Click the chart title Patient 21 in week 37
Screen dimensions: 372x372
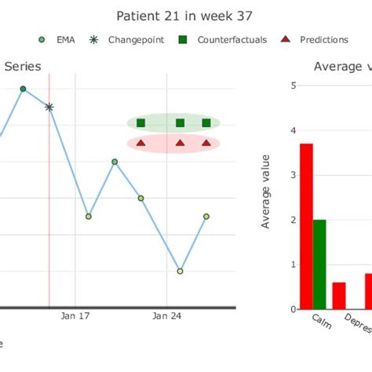point(184,16)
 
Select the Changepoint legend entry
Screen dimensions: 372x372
point(129,39)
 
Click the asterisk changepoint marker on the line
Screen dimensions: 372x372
point(49,107)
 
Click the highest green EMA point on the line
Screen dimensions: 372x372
point(23,89)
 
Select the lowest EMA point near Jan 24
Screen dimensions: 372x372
point(181,271)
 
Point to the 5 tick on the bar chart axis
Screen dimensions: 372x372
point(293,86)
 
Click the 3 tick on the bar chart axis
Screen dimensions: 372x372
point(293,175)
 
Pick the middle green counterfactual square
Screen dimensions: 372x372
point(180,122)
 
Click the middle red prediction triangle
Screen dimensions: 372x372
point(180,143)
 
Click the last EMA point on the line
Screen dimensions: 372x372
point(206,216)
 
